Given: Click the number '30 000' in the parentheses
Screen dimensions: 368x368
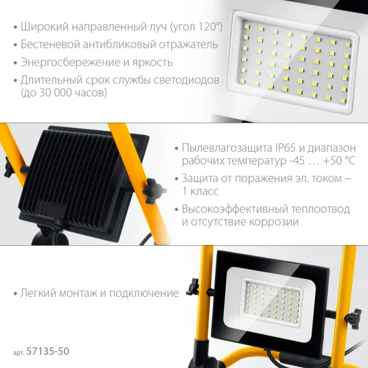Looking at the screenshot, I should (x=62, y=93).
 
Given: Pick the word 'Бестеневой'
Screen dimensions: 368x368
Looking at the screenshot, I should (x=49, y=45).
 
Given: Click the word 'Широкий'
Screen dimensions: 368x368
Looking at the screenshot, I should (x=42, y=28).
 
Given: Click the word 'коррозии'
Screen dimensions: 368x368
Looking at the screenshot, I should (x=277, y=222).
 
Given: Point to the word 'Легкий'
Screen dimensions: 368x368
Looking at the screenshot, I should (x=39, y=293).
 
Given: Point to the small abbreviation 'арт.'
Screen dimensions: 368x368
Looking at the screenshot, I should (x=19, y=353).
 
